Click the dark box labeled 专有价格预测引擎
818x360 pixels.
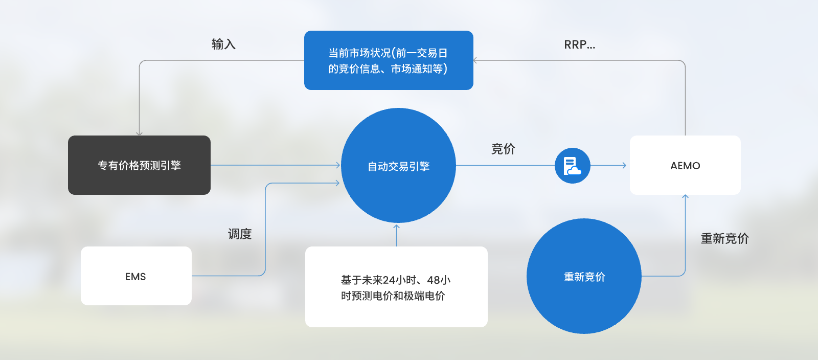coord(139,165)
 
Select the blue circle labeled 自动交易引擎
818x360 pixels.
coord(398,165)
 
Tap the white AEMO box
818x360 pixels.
coord(685,165)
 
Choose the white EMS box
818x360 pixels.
coord(136,276)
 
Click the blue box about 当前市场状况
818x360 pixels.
coord(389,60)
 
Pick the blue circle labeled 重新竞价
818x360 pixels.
coord(584,276)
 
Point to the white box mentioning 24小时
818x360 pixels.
coord(396,286)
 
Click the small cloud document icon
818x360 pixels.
coord(572,165)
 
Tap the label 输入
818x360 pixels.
coord(223,44)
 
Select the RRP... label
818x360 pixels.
coord(580,44)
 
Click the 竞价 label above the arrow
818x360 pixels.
coord(503,149)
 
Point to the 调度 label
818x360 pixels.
coord(240,234)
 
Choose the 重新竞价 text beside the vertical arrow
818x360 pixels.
coord(725,238)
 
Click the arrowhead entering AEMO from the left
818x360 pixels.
coord(624,165)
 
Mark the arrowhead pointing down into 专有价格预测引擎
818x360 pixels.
coord(139,133)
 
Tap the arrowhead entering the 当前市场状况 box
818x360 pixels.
coord(475,60)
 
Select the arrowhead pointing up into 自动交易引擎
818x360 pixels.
coord(396,227)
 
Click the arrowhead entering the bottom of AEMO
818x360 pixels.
coord(685,197)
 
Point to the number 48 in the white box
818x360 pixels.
coord(433,280)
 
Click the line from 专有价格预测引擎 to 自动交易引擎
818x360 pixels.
coord(276,165)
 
